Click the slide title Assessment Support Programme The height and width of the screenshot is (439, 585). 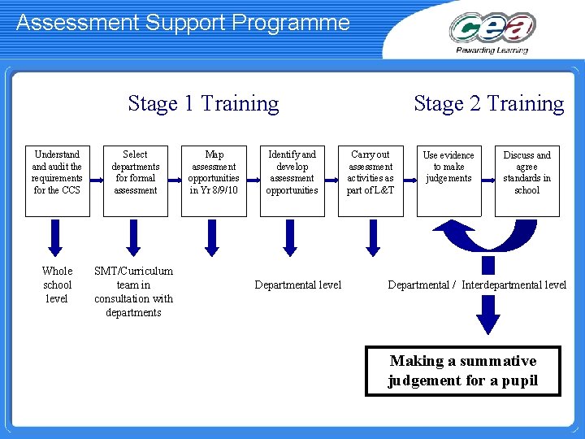click(x=183, y=22)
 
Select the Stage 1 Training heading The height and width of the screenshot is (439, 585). click(x=203, y=103)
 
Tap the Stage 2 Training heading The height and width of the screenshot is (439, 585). click(x=488, y=103)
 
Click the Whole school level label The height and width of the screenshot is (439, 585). click(x=57, y=285)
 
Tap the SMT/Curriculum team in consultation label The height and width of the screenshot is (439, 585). click(x=133, y=291)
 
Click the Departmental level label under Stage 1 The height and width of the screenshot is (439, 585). click(x=298, y=285)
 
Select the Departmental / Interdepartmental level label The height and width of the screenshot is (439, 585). click(x=477, y=285)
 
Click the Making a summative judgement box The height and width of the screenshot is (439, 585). click(x=462, y=371)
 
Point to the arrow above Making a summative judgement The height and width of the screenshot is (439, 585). click(x=487, y=314)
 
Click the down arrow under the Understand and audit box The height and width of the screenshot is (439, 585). click(x=54, y=237)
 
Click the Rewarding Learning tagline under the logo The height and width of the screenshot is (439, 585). click(x=492, y=50)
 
